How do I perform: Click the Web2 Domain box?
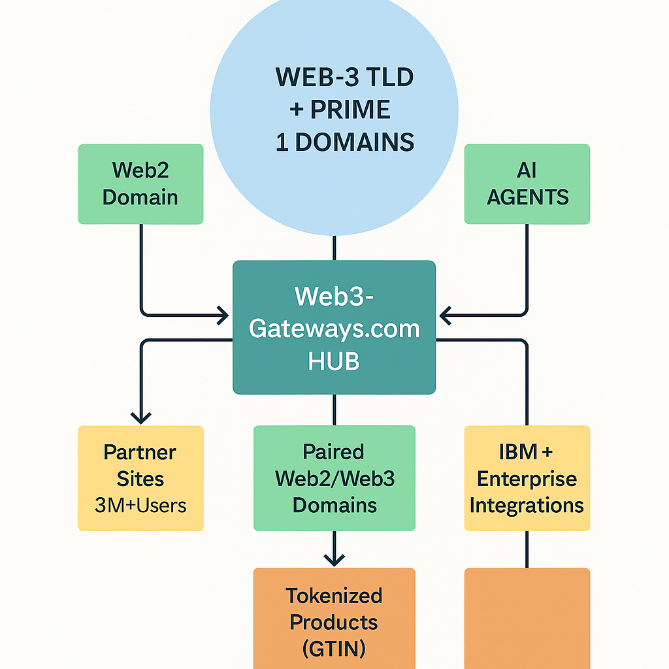(x=140, y=184)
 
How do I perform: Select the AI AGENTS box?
(x=527, y=184)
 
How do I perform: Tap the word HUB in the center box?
(x=334, y=361)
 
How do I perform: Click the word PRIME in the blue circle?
(x=351, y=109)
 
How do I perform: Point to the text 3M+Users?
(x=140, y=505)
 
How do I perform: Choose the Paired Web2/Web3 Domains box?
(x=334, y=478)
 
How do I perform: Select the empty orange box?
(x=527, y=617)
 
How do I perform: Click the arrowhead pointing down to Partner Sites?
(x=141, y=417)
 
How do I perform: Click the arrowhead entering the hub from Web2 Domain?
(x=222, y=316)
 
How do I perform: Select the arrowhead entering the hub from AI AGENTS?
(x=446, y=316)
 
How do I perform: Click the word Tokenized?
(x=334, y=596)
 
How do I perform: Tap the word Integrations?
(x=527, y=505)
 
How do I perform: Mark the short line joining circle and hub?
(x=334, y=248)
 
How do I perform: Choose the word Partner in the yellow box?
(x=140, y=452)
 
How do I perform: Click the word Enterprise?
(x=527, y=479)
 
